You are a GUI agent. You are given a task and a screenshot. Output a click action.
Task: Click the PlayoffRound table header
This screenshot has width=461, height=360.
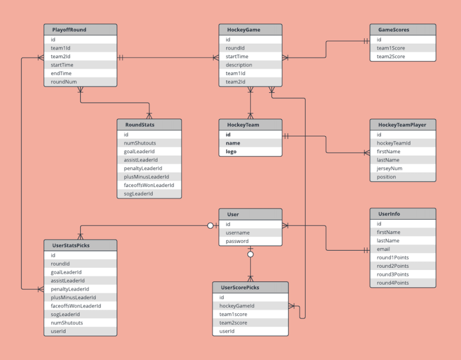tap(80, 30)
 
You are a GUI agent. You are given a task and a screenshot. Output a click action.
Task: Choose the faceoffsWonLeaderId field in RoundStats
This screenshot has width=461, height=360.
tap(149, 185)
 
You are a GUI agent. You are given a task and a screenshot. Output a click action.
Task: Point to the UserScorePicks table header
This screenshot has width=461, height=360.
tap(250, 288)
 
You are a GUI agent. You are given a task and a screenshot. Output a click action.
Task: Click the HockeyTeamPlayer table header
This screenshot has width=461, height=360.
tap(403, 125)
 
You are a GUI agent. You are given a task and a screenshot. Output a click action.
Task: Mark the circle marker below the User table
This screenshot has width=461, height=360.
tap(250, 254)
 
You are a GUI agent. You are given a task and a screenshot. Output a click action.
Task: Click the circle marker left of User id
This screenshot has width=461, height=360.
tap(210, 226)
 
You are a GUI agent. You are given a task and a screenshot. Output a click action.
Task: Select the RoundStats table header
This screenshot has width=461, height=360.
tap(149, 125)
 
